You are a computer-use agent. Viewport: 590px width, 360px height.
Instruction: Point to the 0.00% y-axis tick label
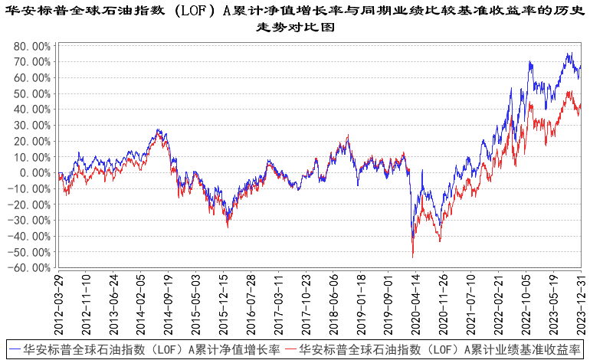pyautogui.click(x=33, y=173)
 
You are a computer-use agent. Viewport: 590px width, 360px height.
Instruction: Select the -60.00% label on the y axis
pyautogui.click(x=29, y=268)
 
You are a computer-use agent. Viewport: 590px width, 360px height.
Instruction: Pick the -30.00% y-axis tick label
pyautogui.click(x=29, y=221)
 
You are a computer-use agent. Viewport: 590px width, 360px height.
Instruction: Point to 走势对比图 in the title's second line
pyautogui.click(x=295, y=27)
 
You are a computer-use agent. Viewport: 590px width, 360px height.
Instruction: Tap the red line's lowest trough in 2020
pyautogui.click(x=413, y=257)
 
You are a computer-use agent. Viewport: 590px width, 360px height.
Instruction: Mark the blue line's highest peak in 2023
pyautogui.click(x=569, y=53)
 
